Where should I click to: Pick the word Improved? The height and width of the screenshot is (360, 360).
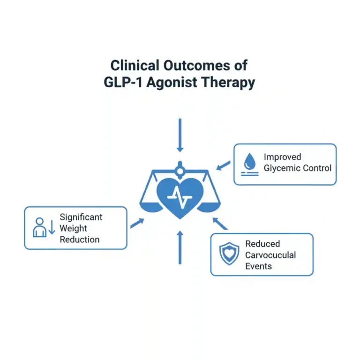(x=282, y=157)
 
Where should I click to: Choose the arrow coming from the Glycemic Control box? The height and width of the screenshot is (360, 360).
(x=224, y=165)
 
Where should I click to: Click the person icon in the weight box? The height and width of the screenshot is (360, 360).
(x=40, y=227)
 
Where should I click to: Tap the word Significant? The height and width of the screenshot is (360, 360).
(x=81, y=217)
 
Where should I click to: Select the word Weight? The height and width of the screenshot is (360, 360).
(x=74, y=228)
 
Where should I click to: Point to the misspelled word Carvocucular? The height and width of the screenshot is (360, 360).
(x=270, y=255)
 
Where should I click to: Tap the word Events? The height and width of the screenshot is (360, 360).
(x=258, y=266)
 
